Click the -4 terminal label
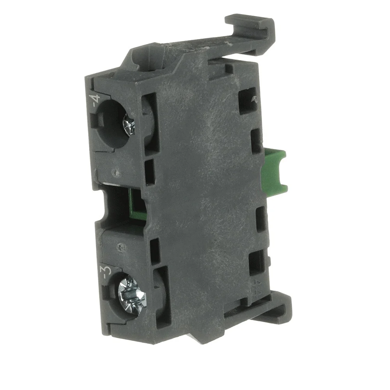[96, 100]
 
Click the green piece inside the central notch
[136, 204]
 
